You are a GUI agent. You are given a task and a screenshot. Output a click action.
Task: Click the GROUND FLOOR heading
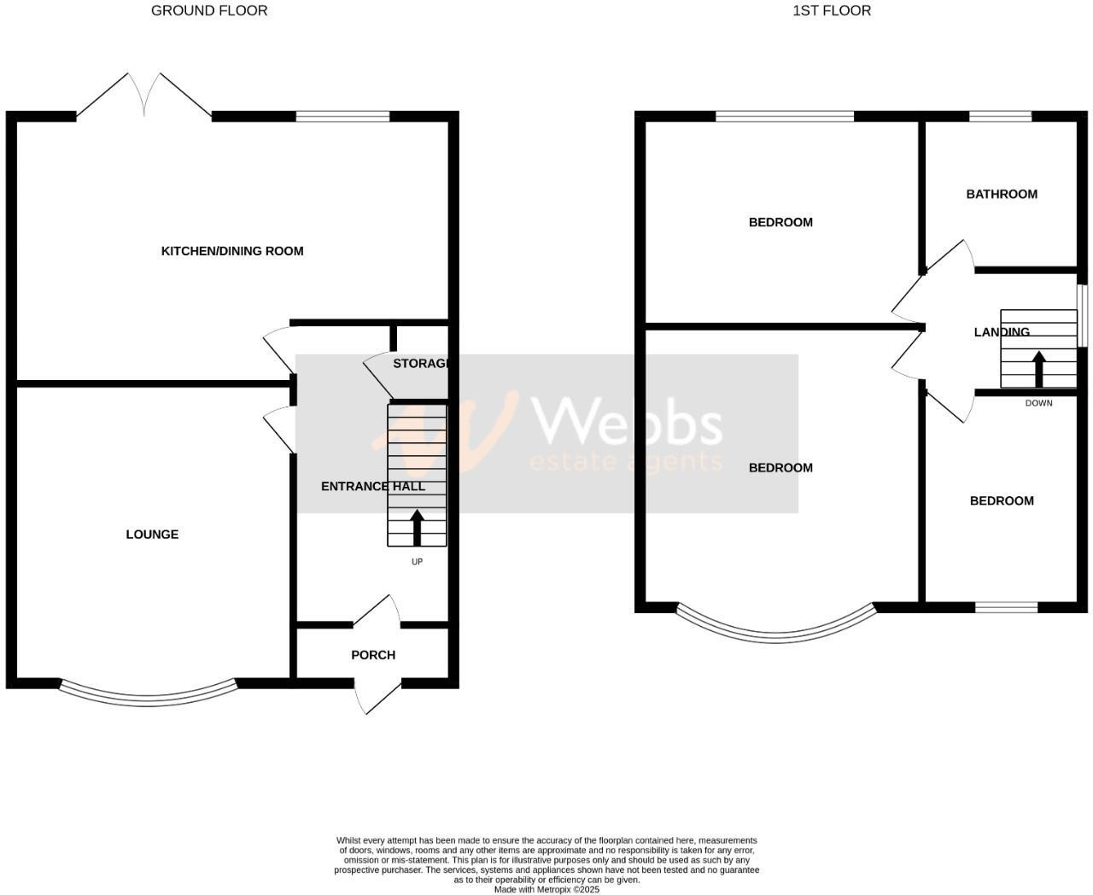pyautogui.click(x=209, y=11)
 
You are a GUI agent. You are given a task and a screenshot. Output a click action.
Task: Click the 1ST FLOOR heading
pyautogui.click(x=832, y=11)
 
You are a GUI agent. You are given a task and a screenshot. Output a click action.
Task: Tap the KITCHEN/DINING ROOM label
pyautogui.click(x=232, y=251)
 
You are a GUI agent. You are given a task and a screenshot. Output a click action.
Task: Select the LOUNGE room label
pyautogui.click(x=152, y=535)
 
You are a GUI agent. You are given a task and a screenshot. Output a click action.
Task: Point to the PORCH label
pyautogui.click(x=373, y=655)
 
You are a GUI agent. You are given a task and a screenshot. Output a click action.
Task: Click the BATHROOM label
pyautogui.click(x=1002, y=194)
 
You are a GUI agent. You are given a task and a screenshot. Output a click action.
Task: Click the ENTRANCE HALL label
pyautogui.click(x=372, y=487)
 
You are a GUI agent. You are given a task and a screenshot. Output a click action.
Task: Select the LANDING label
pyautogui.click(x=1002, y=332)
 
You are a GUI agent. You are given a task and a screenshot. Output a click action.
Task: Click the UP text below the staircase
pyautogui.click(x=417, y=562)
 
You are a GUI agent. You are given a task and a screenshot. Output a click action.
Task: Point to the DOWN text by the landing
pyautogui.click(x=1038, y=403)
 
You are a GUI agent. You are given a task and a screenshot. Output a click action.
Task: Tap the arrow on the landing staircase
pyautogui.click(x=1038, y=369)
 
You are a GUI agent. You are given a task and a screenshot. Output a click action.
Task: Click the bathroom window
pyautogui.click(x=1000, y=117)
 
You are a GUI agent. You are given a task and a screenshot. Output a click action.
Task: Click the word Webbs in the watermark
pyautogui.click(x=628, y=424)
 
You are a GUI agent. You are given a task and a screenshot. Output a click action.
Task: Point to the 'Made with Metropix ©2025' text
pyautogui.click(x=546, y=889)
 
